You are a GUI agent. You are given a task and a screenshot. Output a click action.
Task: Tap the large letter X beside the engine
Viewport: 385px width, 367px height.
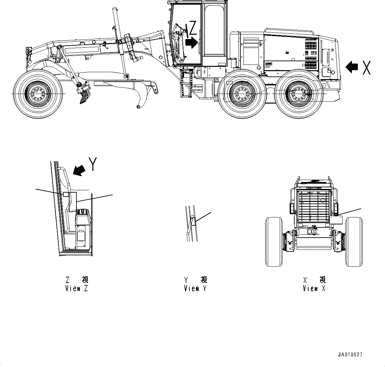coord(366,67)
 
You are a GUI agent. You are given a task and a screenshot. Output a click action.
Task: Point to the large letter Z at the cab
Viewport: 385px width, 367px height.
coord(193,28)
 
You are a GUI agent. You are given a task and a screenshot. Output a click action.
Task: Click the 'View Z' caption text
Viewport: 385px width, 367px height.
coord(76,289)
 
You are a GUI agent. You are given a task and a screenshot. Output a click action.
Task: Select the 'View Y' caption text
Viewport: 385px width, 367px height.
coord(195,289)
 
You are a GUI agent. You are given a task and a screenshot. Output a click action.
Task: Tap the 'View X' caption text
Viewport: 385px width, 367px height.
coord(314,289)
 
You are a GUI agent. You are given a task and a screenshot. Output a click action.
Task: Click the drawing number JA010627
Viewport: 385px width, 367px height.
coord(350,354)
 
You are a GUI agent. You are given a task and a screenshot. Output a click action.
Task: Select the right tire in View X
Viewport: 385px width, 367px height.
coord(354,242)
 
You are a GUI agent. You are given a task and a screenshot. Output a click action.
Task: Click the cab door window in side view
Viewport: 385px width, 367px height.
coord(215,31)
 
